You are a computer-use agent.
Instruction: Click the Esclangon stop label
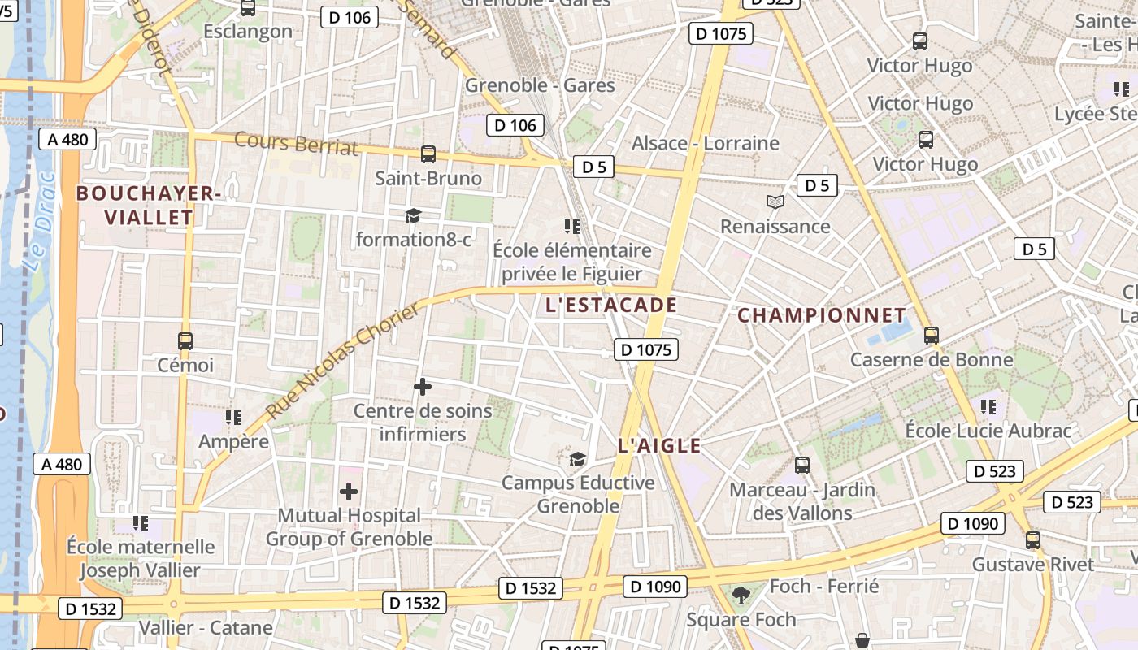(248, 32)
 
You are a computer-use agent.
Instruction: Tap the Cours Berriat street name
(296, 142)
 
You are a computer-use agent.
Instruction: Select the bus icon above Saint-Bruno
(428, 154)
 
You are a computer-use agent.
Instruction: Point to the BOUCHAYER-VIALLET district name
(148, 205)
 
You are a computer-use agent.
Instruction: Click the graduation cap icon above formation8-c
(414, 215)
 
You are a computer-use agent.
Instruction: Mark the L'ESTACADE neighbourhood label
(611, 305)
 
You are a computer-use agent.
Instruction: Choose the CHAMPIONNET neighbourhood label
(822, 315)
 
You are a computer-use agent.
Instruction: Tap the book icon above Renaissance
(775, 201)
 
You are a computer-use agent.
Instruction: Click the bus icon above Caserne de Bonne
(932, 335)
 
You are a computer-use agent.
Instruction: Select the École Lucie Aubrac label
(988, 431)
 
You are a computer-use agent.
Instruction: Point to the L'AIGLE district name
(659, 445)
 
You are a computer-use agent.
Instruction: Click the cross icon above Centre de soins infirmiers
(423, 387)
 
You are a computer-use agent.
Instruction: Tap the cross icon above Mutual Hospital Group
(349, 492)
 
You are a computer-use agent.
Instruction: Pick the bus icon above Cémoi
(185, 341)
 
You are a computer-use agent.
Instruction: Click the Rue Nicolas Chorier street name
(345, 362)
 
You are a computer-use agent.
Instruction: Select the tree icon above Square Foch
(741, 596)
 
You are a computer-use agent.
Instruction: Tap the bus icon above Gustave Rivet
(1033, 540)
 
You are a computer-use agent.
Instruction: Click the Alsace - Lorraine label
(706, 144)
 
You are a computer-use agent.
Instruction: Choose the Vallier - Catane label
(206, 628)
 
